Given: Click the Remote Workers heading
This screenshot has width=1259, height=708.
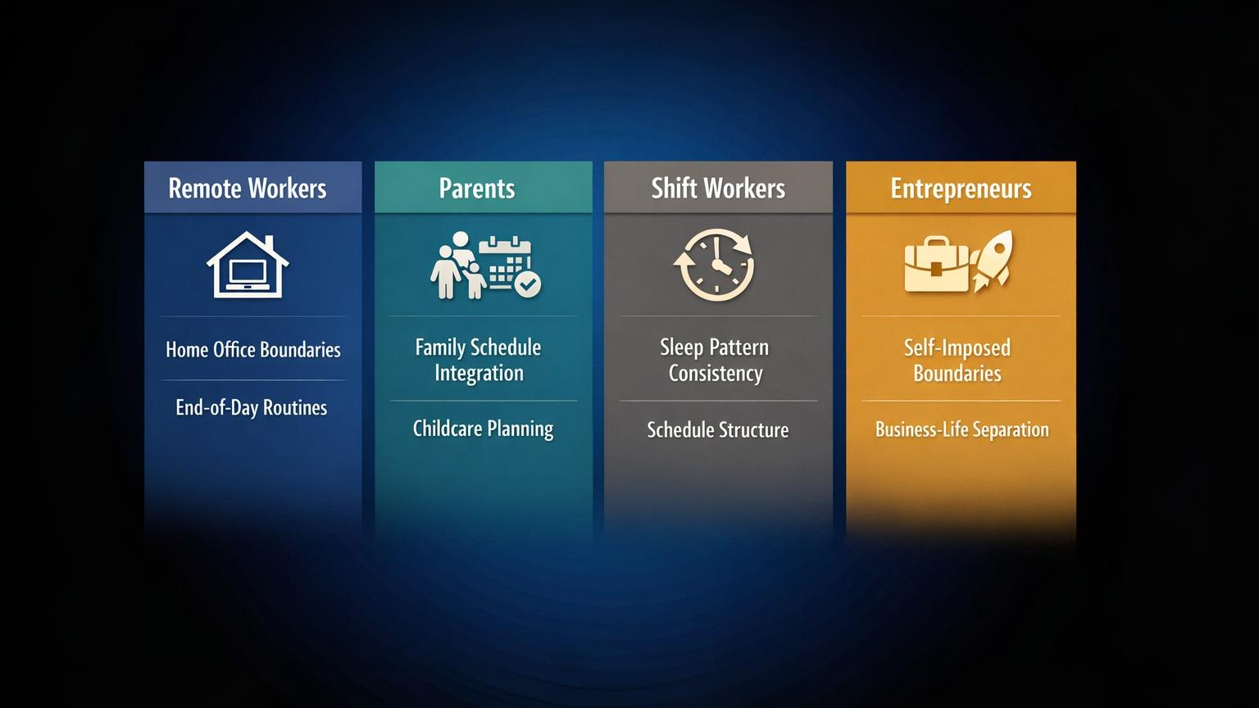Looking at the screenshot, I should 248,188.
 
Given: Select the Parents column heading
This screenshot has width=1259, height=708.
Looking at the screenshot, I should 477,188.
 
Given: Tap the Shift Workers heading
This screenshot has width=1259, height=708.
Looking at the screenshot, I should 718,188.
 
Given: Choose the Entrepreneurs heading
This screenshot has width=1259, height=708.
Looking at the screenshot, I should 961,188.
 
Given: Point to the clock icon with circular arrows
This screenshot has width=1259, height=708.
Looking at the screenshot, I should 715,265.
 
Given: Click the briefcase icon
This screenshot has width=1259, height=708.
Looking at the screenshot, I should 936,265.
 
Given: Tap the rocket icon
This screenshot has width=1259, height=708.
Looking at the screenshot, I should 993,260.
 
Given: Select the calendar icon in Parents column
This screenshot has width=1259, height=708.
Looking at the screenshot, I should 505,261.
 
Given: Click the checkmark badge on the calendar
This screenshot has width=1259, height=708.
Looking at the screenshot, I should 527,284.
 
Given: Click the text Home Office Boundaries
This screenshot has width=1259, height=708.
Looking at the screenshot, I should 252,350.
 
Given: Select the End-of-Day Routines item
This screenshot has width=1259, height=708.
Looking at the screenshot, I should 251,407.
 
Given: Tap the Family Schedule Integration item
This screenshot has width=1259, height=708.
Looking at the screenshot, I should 479,360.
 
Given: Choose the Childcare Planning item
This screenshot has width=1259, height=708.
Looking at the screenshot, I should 483,429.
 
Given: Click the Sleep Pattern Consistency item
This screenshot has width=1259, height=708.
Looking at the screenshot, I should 716,360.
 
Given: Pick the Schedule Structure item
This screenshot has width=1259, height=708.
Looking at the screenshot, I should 718,429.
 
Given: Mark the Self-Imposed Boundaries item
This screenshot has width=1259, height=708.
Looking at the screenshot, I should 957,361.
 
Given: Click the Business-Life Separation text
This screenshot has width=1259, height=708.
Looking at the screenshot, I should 961,429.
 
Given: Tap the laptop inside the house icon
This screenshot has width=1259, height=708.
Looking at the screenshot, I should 248,273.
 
